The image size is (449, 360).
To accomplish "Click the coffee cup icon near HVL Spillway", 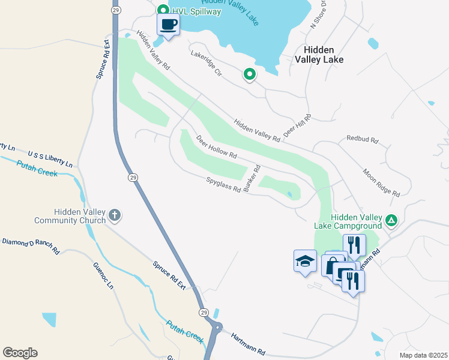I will point(168,25).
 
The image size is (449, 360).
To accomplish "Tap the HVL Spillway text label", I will point(197,11).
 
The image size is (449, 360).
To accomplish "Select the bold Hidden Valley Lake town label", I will point(319,55).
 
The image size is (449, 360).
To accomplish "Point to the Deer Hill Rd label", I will point(298,125).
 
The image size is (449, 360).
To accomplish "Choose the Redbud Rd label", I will point(362,139).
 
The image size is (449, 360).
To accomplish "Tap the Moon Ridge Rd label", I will point(381,182).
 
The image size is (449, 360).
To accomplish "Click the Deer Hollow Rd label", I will point(217,146).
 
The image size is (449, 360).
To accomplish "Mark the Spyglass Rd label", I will point(223,185).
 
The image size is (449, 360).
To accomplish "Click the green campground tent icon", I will point(391,221).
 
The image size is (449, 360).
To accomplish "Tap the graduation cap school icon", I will point(305,262).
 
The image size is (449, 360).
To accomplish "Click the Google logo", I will point(20,353).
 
